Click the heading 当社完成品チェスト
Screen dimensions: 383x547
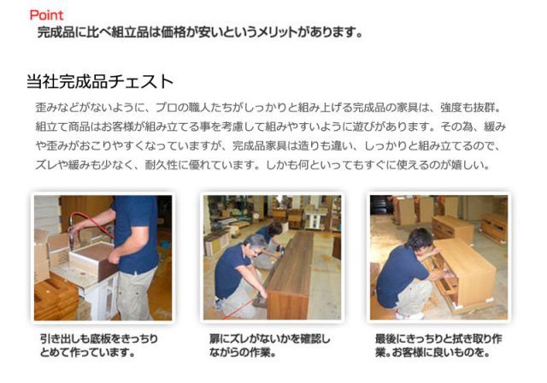pos(101,82)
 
